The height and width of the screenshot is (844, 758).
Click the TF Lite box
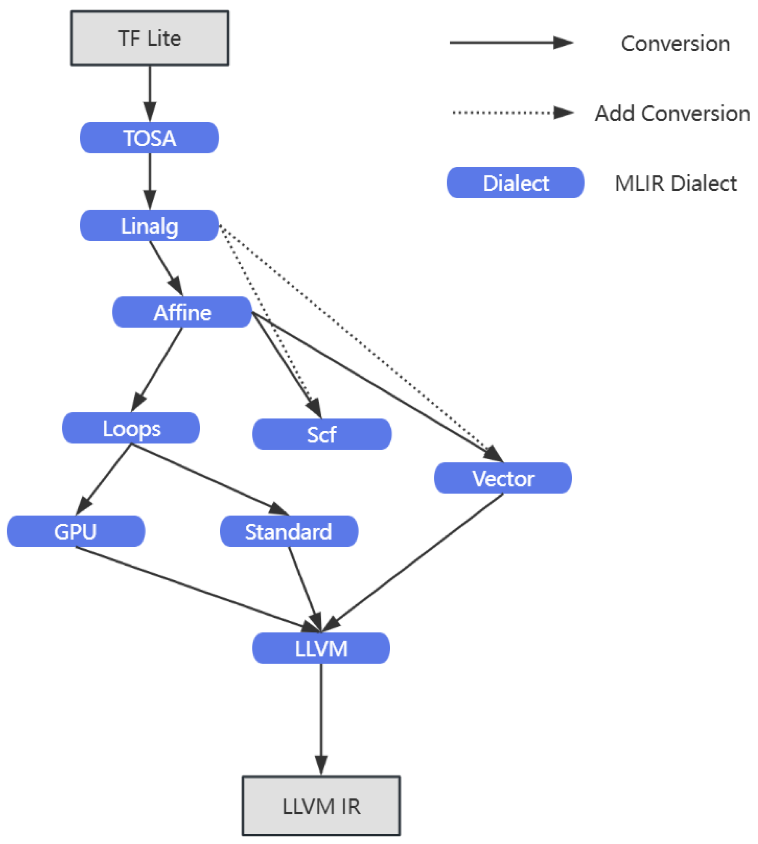(x=150, y=38)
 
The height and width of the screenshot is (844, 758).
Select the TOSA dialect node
(x=149, y=138)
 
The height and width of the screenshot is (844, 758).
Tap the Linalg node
(x=149, y=225)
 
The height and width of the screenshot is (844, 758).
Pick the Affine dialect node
(x=182, y=312)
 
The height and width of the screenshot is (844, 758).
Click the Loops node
(x=131, y=428)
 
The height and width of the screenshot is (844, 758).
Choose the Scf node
(x=322, y=434)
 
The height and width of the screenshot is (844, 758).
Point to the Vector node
(x=503, y=478)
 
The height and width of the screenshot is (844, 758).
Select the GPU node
(x=76, y=531)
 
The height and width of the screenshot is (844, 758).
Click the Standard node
(x=288, y=531)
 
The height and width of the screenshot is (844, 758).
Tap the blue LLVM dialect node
(x=321, y=648)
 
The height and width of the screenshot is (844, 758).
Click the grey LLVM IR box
(x=321, y=806)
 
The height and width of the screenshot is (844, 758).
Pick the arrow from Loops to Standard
(x=208, y=479)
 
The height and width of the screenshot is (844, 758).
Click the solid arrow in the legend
(x=511, y=43)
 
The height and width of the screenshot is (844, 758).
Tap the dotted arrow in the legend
(x=512, y=112)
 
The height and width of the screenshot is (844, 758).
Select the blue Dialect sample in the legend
(x=515, y=183)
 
